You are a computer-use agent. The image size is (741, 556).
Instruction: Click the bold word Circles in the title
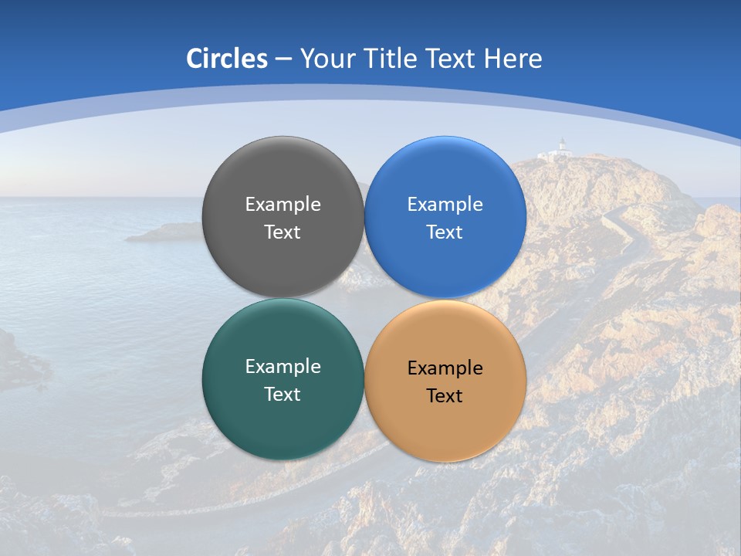[x=227, y=59]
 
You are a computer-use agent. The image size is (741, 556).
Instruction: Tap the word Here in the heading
[x=513, y=59]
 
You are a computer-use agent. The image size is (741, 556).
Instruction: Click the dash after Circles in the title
[x=283, y=59]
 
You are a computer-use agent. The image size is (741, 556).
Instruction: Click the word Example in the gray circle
[x=283, y=205]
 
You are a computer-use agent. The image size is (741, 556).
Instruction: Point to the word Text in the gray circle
[x=283, y=232]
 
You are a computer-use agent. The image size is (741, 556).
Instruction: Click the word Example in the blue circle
[x=445, y=205]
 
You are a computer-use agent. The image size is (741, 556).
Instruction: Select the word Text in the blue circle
[x=445, y=232]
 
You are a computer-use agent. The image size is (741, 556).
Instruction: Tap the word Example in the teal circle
[x=283, y=367]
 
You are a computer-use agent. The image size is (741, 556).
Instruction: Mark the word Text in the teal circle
[x=283, y=395]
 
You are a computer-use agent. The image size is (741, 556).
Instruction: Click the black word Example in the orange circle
[x=445, y=368]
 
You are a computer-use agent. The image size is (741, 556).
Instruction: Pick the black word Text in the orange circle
[x=445, y=396]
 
